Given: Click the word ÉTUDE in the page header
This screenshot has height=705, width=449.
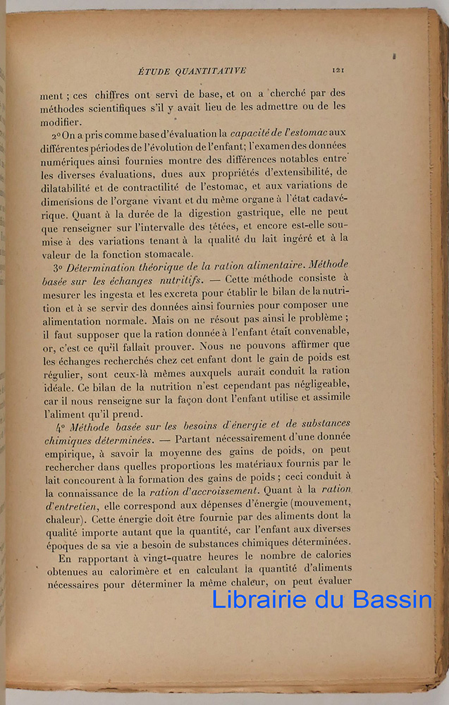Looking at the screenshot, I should coord(153,70).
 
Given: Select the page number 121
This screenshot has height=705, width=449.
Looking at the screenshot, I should coord(337,70).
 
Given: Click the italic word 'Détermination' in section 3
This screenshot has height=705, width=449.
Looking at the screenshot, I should coord(100,269).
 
